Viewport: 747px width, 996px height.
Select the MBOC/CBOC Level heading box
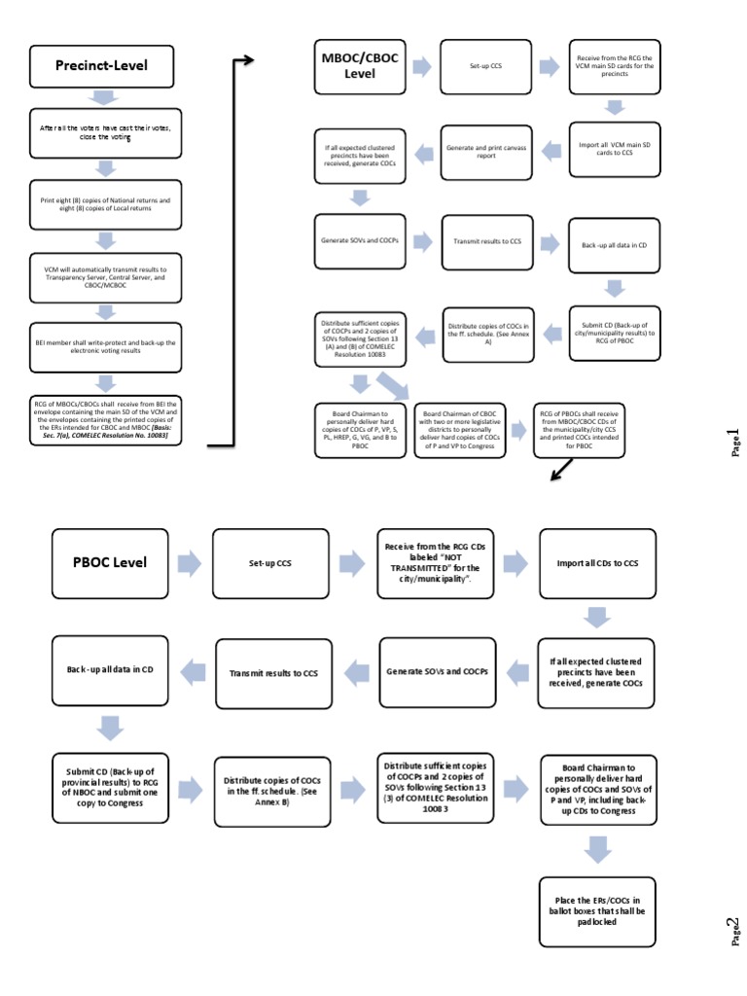coord(354,67)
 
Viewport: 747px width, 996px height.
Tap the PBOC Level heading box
coord(109,562)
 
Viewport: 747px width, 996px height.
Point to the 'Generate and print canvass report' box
coord(485,150)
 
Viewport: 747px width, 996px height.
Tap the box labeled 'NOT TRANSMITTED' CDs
coord(435,562)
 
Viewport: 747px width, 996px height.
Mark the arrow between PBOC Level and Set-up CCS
coord(190,562)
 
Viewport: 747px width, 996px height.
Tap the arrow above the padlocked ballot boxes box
coord(599,849)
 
